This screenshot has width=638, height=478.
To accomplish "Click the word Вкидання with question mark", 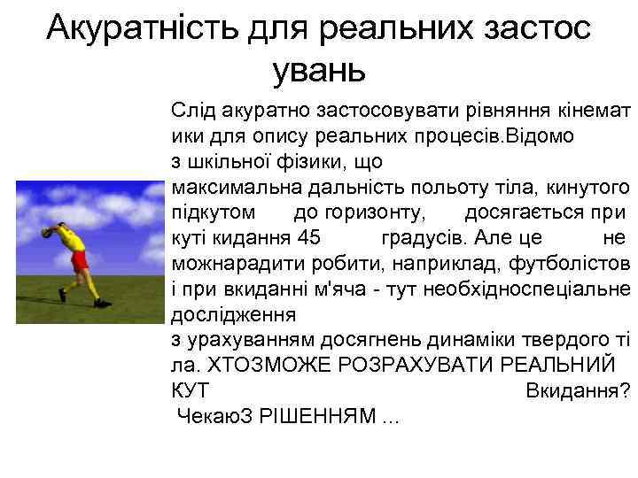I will click(x=577, y=389).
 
